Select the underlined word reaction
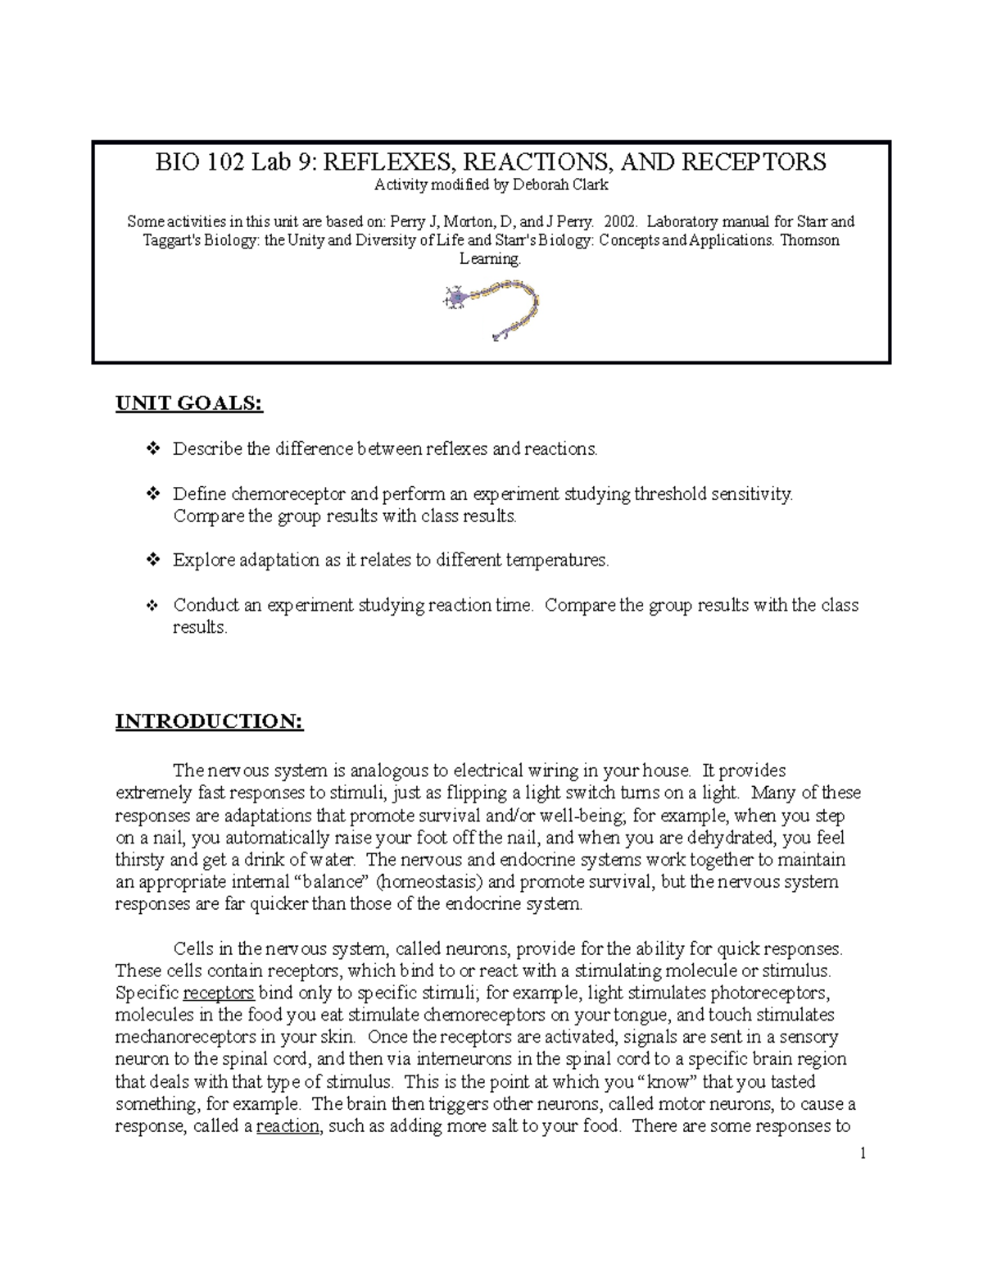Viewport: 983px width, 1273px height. point(288,1126)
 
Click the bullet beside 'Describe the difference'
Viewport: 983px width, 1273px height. point(152,449)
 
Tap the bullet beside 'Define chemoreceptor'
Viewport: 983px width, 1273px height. point(152,494)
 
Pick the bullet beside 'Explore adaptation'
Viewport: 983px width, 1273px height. point(152,561)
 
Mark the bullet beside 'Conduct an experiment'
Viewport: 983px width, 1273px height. point(152,606)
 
